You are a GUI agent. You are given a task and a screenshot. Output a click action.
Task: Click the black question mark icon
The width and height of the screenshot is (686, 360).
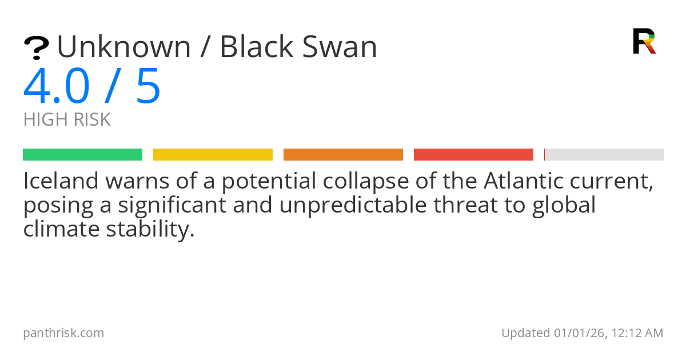(x=36, y=48)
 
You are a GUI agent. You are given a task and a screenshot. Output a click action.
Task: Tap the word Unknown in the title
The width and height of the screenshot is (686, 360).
(x=123, y=47)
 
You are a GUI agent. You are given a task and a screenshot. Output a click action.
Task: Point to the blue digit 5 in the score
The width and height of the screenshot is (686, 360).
(x=148, y=87)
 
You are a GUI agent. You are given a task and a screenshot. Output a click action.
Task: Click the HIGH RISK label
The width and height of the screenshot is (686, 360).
(x=67, y=120)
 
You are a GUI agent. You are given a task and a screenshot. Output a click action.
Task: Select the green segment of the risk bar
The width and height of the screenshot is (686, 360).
(x=82, y=155)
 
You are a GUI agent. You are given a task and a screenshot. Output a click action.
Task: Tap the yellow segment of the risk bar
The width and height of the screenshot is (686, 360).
(x=213, y=155)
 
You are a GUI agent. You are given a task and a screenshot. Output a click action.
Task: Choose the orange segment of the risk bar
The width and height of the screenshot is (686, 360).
(x=343, y=155)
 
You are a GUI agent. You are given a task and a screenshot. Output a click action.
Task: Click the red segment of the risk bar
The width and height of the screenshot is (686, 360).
(x=473, y=155)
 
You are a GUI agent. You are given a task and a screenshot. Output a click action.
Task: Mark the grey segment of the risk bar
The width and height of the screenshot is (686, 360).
(x=604, y=155)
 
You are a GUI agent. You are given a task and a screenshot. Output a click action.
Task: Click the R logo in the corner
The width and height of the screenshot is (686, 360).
(x=644, y=41)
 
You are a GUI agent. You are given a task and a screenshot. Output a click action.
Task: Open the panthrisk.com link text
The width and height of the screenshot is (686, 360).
(x=63, y=333)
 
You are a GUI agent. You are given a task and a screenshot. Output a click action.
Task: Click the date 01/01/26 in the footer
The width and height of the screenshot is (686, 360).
(x=576, y=333)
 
